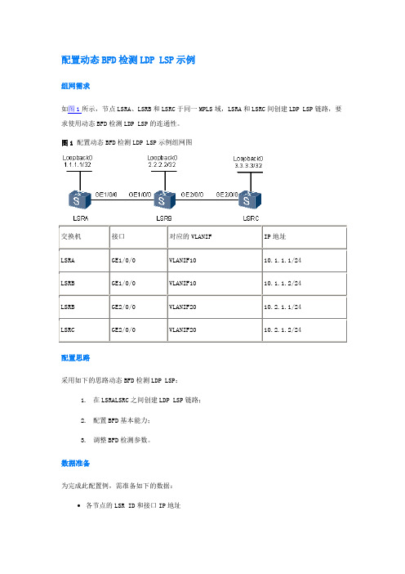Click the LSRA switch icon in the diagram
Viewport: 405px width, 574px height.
(x=80, y=200)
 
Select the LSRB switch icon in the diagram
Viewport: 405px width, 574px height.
(x=164, y=200)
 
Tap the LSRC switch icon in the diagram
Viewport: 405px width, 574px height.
(x=250, y=200)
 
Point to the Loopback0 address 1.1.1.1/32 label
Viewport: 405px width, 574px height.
(x=78, y=164)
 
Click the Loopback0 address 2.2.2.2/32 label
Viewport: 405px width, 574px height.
(x=162, y=164)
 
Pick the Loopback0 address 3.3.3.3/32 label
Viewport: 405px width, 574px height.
(x=248, y=165)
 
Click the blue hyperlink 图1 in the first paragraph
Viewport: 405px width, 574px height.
(x=74, y=109)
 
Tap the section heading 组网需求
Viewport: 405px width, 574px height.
(x=76, y=86)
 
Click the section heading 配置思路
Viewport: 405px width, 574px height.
(x=76, y=357)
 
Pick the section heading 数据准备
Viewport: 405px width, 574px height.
(x=76, y=463)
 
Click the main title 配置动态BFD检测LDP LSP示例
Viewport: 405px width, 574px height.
(x=128, y=60)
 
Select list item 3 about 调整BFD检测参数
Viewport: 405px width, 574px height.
(x=115, y=440)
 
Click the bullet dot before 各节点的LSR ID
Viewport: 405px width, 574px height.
(x=79, y=505)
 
